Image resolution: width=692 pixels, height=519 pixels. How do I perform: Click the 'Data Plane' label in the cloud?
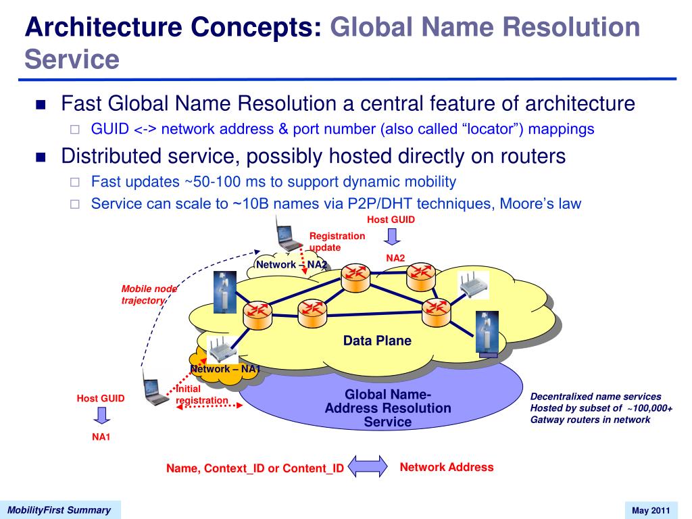pyautogui.click(x=377, y=341)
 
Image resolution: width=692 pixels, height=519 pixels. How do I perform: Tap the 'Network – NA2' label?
pyautogui.click(x=292, y=265)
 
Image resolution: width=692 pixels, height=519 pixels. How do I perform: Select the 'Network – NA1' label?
pyautogui.click(x=225, y=369)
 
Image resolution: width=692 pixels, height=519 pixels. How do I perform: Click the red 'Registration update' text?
pyautogui.click(x=337, y=242)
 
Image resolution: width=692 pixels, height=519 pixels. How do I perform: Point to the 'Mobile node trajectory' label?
pyautogui.click(x=149, y=295)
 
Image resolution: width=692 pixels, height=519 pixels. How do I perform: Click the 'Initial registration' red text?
pyautogui.click(x=201, y=395)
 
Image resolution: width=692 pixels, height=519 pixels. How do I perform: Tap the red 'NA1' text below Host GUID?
pyautogui.click(x=101, y=437)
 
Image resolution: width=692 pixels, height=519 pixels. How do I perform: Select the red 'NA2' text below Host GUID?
pyautogui.click(x=395, y=258)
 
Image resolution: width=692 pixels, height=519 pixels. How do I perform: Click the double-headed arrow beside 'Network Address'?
pyautogui.click(x=368, y=466)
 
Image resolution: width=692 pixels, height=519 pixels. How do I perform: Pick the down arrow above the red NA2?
pyautogui.click(x=392, y=237)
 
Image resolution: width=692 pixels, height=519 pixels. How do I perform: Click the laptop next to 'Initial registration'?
pyautogui.click(x=155, y=389)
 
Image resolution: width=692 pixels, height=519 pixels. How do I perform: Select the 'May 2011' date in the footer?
pyautogui.click(x=651, y=511)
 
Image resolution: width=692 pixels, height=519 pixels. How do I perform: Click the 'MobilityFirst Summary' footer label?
pyautogui.click(x=59, y=510)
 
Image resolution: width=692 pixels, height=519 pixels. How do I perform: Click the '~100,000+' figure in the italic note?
pyautogui.click(x=649, y=408)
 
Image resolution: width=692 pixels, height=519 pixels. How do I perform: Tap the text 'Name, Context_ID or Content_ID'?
pyautogui.click(x=255, y=468)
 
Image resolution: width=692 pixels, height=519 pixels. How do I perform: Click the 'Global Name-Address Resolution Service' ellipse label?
pyautogui.click(x=388, y=408)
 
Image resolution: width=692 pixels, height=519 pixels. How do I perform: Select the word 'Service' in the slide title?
pyautogui.click(x=72, y=59)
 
